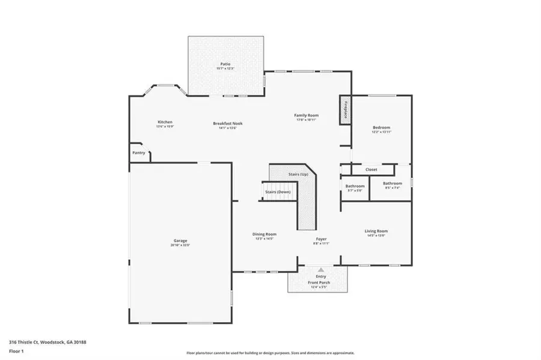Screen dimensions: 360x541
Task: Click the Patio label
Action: point(225,64)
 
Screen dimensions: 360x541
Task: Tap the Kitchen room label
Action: point(165,122)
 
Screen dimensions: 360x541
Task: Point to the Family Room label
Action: point(306,115)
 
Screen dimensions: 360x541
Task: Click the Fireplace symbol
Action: point(346,110)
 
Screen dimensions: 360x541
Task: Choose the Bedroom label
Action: point(381,127)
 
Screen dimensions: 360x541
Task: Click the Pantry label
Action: point(139,153)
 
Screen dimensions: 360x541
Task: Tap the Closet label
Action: point(371,169)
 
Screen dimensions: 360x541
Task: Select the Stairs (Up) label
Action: point(298,174)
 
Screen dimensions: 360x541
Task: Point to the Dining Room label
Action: point(264,234)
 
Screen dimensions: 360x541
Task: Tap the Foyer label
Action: point(322,239)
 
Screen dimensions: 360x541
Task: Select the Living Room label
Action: point(376,231)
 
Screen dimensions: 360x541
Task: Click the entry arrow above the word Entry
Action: point(321,270)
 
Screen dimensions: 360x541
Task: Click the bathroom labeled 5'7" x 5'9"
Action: point(355,186)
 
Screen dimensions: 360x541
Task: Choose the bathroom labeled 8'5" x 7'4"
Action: point(393,183)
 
